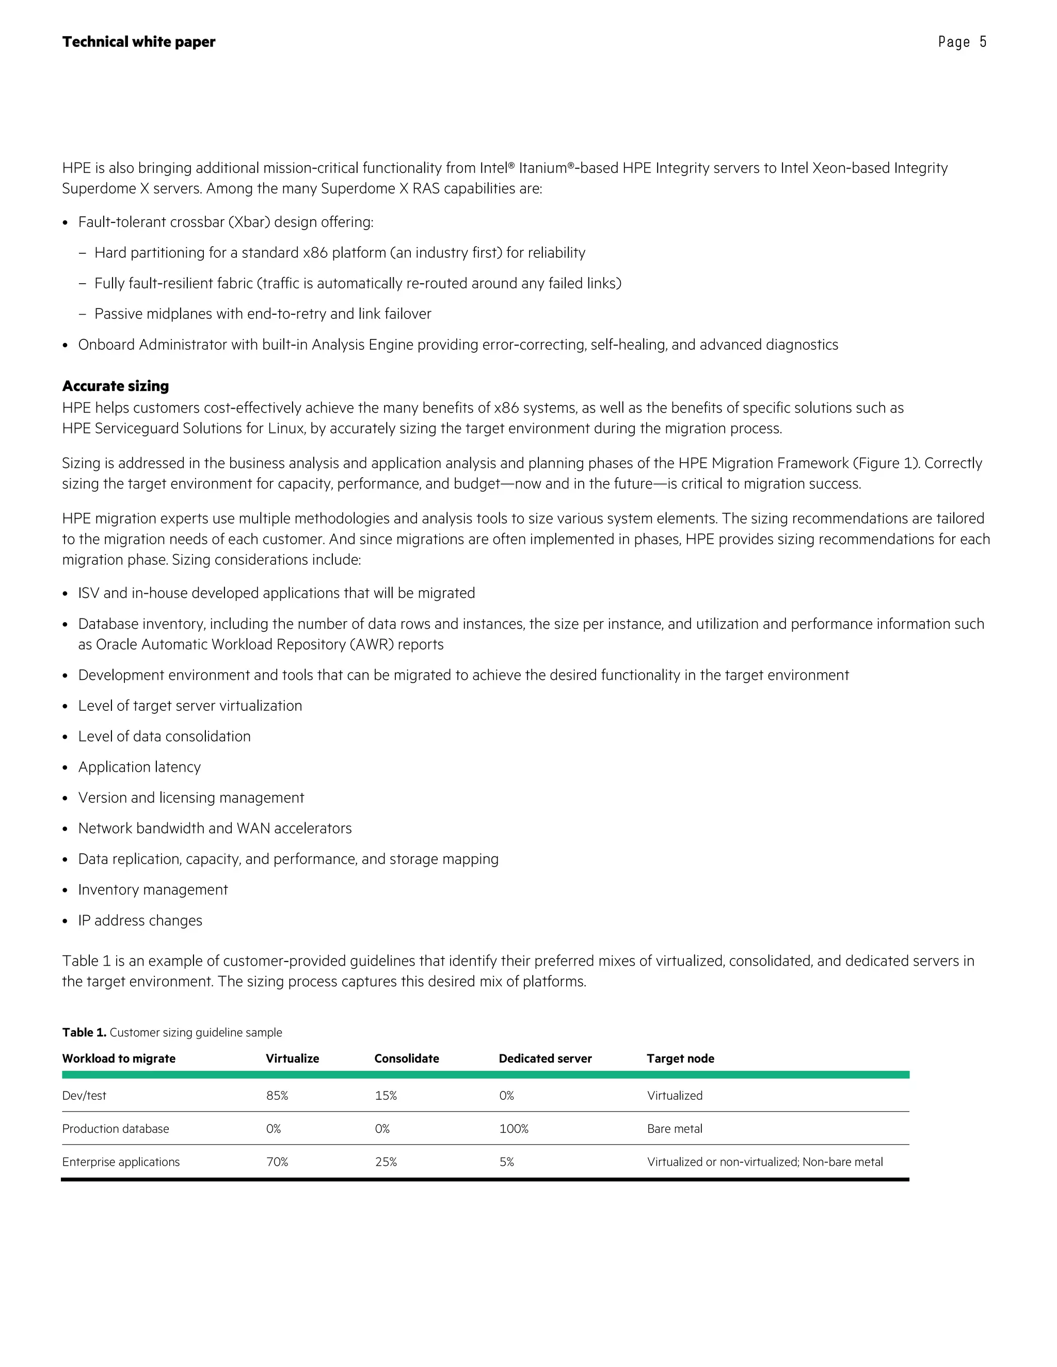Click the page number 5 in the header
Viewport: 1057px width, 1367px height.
pos(983,42)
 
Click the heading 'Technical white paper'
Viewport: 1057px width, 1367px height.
pos(138,42)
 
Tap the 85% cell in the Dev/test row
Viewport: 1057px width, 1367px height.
pos(277,1095)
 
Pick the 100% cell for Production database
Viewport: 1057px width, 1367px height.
pos(514,1129)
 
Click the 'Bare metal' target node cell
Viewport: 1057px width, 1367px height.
pos(675,1129)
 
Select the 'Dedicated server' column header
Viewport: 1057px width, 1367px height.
pos(545,1059)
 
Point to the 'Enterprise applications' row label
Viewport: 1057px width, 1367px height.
pos(121,1162)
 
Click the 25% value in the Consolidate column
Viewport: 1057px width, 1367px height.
pos(386,1162)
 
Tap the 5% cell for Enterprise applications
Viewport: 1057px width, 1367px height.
pos(507,1162)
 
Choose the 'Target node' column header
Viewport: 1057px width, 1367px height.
pos(680,1059)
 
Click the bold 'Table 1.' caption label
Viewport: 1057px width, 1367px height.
pos(84,1032)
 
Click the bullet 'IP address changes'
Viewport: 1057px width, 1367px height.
pos(140,920)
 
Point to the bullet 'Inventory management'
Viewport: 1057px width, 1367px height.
pos(153,889)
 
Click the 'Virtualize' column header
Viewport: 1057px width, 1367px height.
pos(292,1059)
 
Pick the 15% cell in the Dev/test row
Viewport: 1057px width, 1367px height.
pos(386,1095)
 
